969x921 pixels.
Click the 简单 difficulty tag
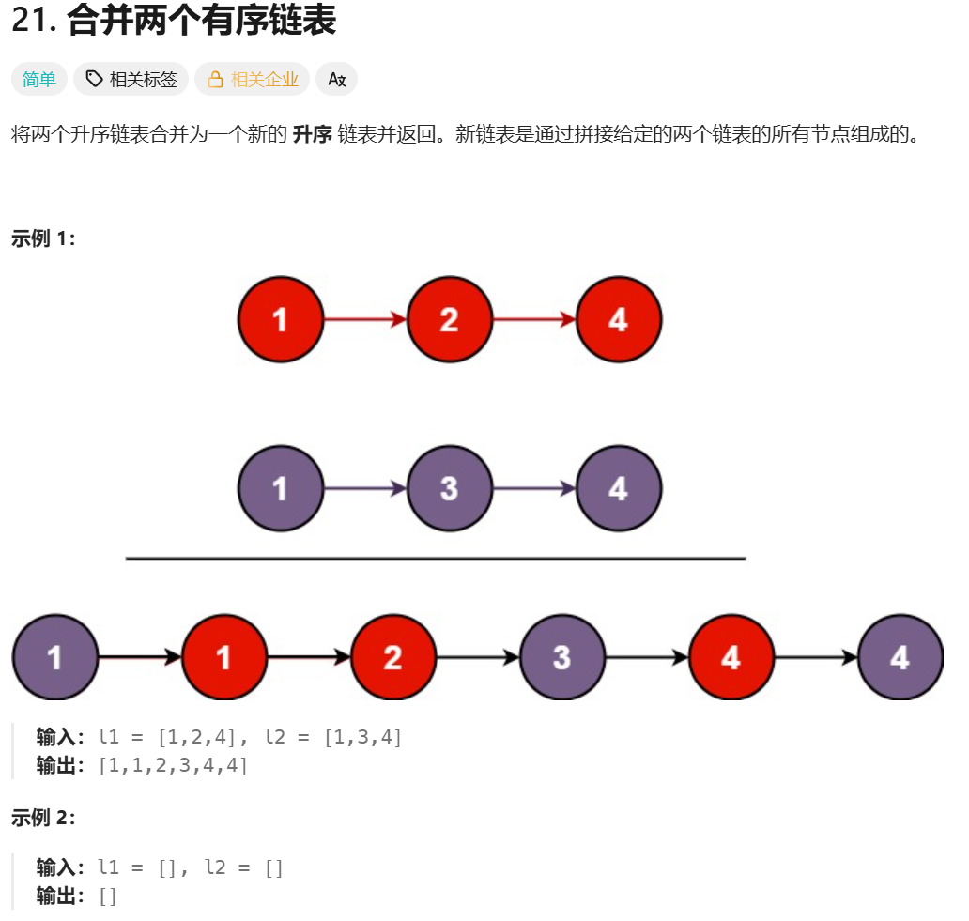(x=39, y=80)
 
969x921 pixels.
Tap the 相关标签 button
(x=131, y=80)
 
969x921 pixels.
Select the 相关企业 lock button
(x=252, y=80)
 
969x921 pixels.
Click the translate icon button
(x=336, y=80)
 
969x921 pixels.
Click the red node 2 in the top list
(x=449, y=320)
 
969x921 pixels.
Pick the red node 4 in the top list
(x=618, y=320)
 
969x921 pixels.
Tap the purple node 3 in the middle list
(x=449, y=488)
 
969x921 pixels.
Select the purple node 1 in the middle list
(x=280, y=488)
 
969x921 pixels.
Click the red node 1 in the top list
(x=280, y=320)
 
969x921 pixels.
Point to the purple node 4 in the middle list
(x=618, y=488)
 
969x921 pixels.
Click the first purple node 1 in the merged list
(x=54, y=657)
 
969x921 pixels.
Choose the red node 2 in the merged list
(x=392, y=657)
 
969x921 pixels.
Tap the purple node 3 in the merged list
(x=561, y=657)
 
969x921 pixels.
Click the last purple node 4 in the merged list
(x=900, y=657)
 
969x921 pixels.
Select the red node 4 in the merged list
(x=731, y=657)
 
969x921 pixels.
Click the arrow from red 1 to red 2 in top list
(x=364, y=320)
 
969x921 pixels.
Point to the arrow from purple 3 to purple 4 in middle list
(x=533, y=488)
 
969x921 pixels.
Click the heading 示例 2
(x=42, y=818)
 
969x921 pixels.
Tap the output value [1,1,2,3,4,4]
(x=173, y=766)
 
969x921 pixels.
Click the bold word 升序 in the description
(x=312, y=134)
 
